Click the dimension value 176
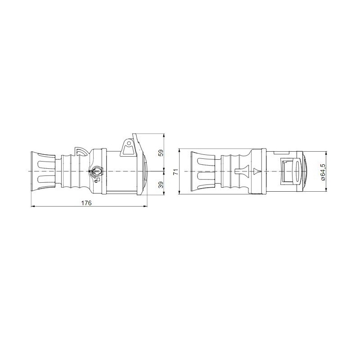click(x=87, y=203)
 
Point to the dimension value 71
click(x=176, y=171)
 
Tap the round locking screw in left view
click(x=97, y=171)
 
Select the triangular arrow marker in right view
click(x=257, y=171)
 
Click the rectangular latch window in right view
click(x=287, y=171)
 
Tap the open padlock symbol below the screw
click(x=97, y=179)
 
